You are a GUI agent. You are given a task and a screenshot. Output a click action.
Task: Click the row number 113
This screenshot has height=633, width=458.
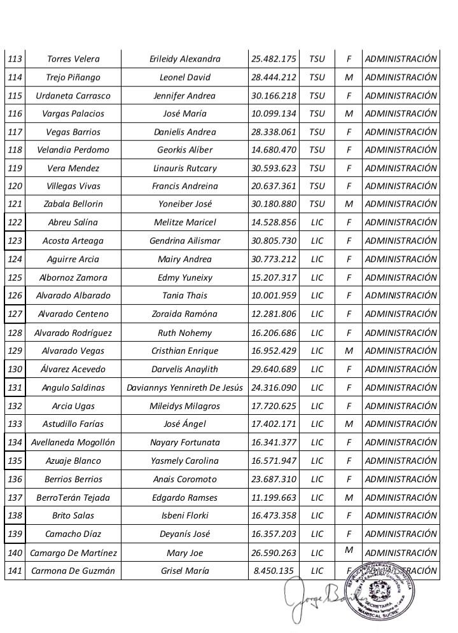(x=14, y=59)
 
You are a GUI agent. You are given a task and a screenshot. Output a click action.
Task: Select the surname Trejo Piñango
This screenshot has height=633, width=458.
(x=73, y=78)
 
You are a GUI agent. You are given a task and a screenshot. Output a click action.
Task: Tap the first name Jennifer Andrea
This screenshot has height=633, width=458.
(x=184, y=96)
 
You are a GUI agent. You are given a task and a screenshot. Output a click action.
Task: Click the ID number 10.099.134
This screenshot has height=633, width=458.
(x=274, y=114)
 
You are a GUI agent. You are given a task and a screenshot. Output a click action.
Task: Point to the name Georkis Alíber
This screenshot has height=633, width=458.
(x=184, y=150)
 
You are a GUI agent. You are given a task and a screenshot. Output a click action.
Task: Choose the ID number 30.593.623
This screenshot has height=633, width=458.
(x=274, y=169)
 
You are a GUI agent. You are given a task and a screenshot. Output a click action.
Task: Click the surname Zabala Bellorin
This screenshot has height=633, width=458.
(x=73, y=205)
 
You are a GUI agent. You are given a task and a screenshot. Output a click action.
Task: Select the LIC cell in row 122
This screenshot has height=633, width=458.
(x=317, y=223)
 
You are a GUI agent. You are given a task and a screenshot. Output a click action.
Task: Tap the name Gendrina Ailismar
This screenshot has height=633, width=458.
(x=184, y=241)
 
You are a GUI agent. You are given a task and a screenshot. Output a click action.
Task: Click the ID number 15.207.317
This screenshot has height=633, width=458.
(x=274, y=278)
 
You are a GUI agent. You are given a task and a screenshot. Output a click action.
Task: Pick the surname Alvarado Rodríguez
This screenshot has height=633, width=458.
(x=73, y=333)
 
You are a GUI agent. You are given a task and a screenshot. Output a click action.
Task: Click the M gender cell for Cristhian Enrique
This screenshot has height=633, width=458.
(x=349, y=351)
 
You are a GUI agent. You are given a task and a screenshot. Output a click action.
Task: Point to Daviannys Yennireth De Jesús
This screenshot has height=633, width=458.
(x=184, y=388)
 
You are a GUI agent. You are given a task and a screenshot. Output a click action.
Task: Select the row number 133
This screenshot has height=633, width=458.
(x=14, y=424)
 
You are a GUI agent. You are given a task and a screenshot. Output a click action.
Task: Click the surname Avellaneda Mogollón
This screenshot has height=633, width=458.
(x=73, y=443)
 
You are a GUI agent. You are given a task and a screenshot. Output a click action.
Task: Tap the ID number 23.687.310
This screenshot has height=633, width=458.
(x=274, y=480)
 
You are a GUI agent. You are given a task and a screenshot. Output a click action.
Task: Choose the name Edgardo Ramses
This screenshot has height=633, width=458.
(x=184, y=497)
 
